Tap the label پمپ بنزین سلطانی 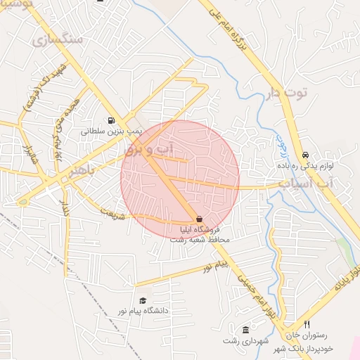(x=111, y=131)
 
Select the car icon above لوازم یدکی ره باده (x=305, y=155)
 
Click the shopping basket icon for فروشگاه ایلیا (x=200, y=220)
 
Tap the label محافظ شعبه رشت (x=200, y=240)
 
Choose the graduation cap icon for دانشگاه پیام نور (x=143, y=301)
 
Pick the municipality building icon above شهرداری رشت (x=245, y=330)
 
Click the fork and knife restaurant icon (x=307, y=325)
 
